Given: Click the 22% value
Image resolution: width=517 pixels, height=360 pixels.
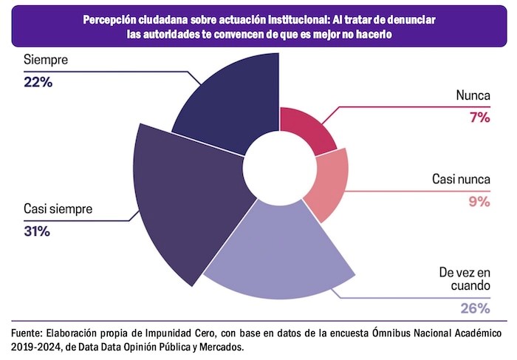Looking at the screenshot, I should (x=38, y=82).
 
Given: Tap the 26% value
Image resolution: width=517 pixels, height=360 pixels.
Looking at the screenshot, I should (x=475, y=308).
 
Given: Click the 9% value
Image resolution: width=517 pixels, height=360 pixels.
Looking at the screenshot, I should (x=479, y=201).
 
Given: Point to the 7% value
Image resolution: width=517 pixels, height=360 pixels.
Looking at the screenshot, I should (x=480, y=118).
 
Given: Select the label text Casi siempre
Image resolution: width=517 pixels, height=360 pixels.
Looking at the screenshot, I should (x=58, y=209).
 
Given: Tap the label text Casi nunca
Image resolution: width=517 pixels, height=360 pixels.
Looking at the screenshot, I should (x=462, y=180).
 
